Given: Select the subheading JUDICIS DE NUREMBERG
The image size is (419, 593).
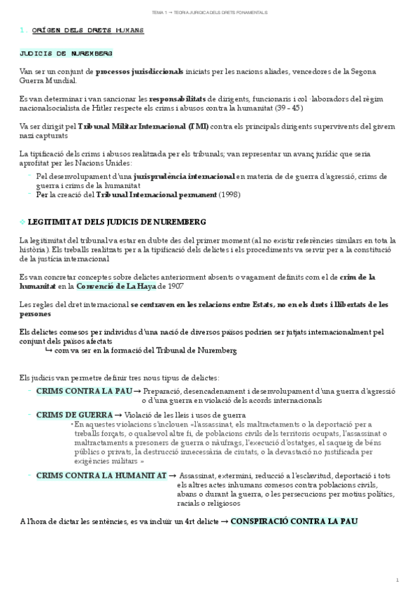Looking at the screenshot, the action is (66, 54).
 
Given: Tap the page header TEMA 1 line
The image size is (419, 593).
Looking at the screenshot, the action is (209, 13).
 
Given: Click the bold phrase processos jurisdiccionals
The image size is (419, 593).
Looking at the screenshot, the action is (140, 71).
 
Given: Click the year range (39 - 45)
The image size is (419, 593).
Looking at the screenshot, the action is (292, 108).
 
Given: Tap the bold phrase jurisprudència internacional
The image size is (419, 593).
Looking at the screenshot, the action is (185, 177).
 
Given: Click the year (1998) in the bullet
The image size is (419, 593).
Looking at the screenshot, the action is (228, 194).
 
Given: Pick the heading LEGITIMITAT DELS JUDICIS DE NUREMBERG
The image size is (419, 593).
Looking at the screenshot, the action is (117, 222).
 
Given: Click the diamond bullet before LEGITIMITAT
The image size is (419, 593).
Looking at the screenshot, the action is (23, 222).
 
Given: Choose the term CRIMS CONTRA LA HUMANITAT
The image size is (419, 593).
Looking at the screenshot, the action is (101, 476).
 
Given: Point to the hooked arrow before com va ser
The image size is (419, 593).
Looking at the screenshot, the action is (48, 350).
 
